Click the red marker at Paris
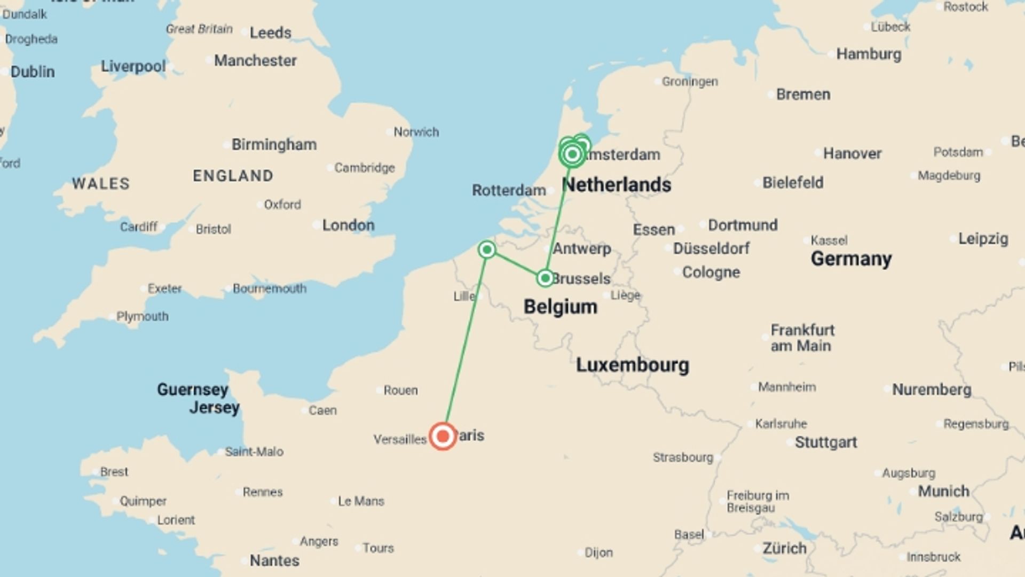click(x=443, y=436)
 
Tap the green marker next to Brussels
click(x=545, y=278)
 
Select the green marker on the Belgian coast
click(x=487, y=249)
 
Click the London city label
click(x=348, y=225)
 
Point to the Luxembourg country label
click(x=633, y=365)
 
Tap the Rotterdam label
click(x=509, y=190)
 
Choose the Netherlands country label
click(x=617, y=185)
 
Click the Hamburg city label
click(x=869, y=54)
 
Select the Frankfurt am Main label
click(x=802, y=338)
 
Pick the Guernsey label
click(x=193, y=389)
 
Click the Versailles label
click(x=400, y=440)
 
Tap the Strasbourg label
click(x=683, y=457)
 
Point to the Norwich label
click(x=416, y=132)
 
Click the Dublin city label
click(x=33, y=72)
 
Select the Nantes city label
click(x=274, y=560)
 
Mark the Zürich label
click(x=784, y=548)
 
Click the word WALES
click(x=101, y=184)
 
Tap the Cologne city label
click(x=711, y=272)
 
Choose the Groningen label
click(x=690, y=82)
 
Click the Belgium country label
click(x=560, y=307)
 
